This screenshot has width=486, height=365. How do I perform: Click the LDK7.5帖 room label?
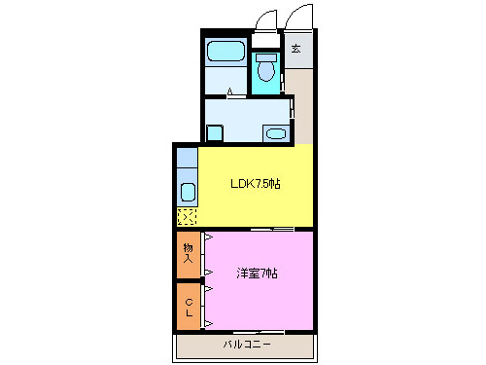pos(256,184)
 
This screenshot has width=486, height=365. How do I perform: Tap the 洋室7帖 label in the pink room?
pos(257,274)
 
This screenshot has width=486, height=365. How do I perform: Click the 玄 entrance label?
pos(295,49)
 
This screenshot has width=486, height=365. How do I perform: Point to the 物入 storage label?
pos(189,255)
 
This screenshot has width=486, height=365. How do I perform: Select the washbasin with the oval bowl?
pos(276,133)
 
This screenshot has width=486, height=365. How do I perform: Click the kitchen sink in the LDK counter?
pos(187,187)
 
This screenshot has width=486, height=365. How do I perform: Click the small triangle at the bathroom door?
pos(230,93)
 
